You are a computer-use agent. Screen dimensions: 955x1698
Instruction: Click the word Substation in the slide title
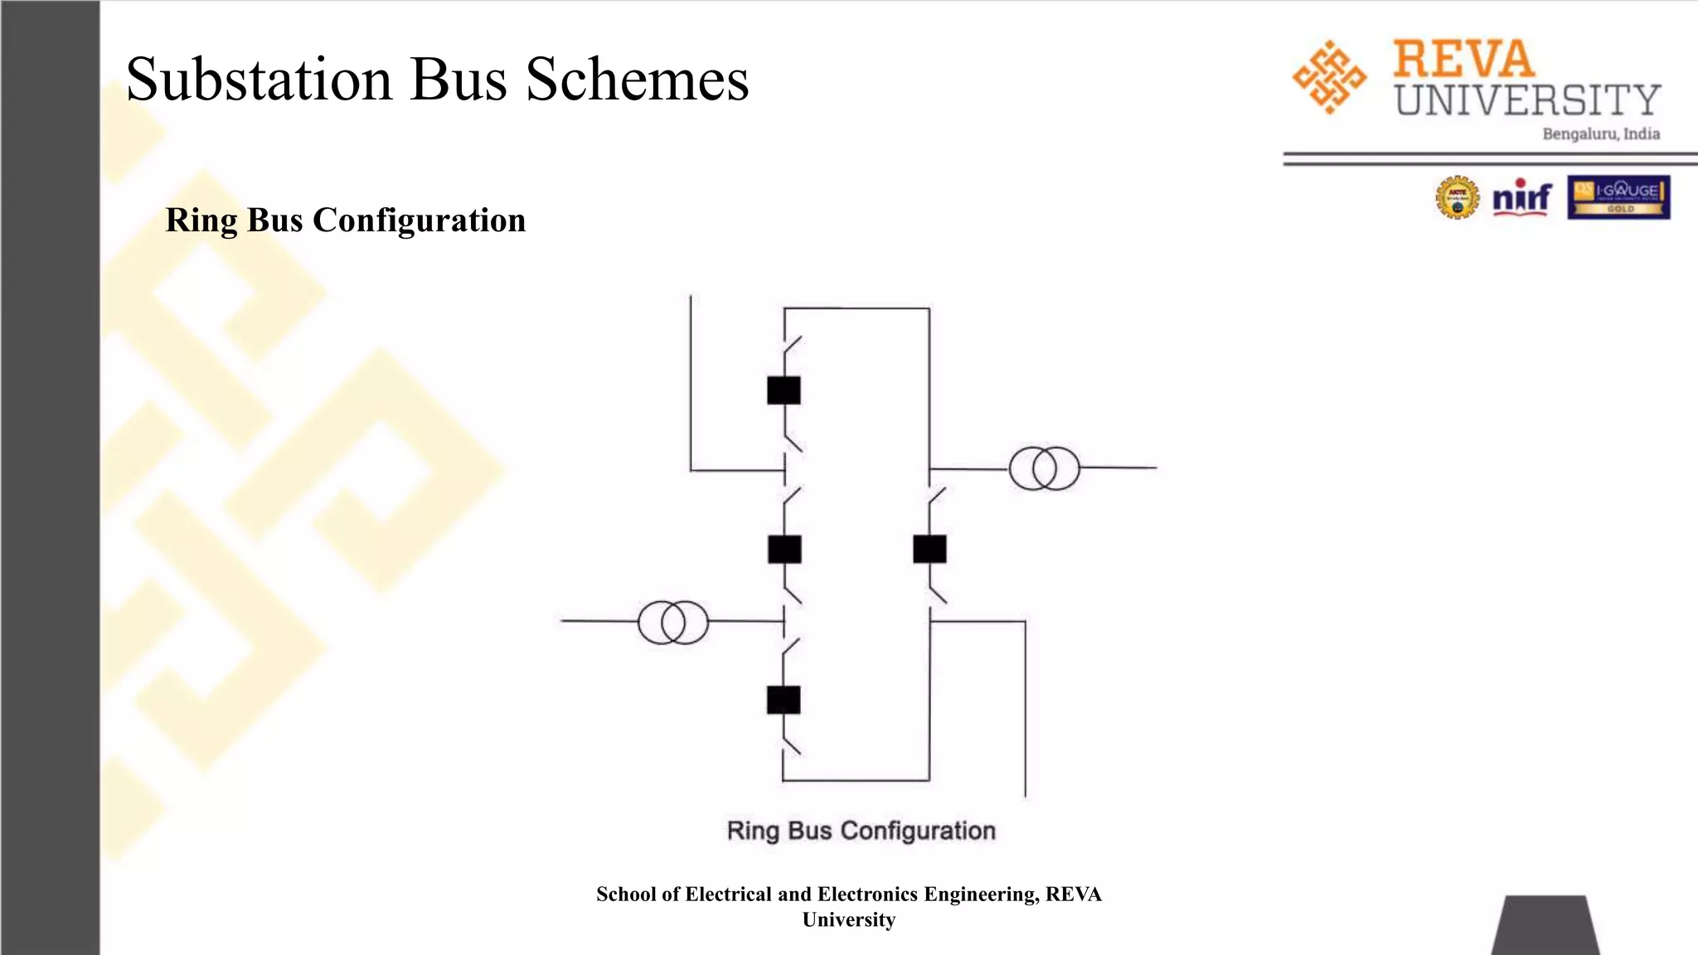258,80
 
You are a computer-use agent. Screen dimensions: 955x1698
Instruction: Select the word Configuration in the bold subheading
419,221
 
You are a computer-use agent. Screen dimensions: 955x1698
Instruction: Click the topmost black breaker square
784,390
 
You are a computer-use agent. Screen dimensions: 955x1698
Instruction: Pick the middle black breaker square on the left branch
784,550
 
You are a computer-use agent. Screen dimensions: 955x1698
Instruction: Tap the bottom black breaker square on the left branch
784,700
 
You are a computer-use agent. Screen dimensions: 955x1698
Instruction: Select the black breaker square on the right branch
929,550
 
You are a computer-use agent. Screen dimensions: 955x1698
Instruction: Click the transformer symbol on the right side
1044,468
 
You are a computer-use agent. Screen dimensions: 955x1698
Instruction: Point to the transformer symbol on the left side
672,623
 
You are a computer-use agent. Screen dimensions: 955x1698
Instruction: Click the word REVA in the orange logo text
1463,60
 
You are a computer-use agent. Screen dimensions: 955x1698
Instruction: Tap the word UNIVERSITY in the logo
1527,100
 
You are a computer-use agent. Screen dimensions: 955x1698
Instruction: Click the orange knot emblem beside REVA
1329,77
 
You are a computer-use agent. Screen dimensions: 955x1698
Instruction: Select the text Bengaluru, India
1600,134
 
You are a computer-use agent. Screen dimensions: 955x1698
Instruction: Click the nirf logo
1521,198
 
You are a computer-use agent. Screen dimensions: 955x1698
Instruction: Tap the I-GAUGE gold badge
1618,197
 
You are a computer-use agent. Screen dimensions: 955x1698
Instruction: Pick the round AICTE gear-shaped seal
1457,198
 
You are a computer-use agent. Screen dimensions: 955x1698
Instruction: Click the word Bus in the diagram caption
809,831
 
